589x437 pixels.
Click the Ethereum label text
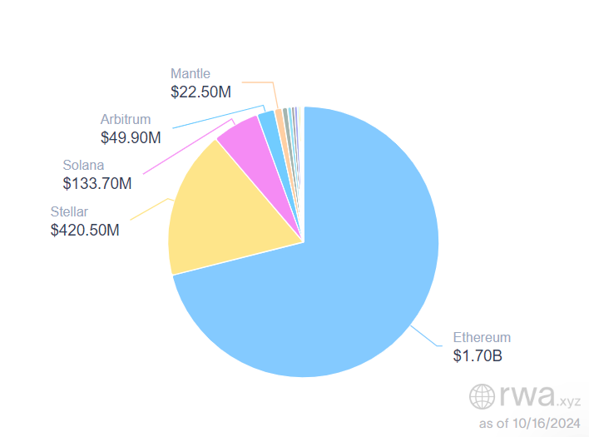coord(482,338)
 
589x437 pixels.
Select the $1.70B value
coord(478,356)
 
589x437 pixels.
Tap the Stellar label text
coord(69,211)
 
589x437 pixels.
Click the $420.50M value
coord(85,230)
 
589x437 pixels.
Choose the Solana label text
coord(83,165)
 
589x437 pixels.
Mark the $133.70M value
coord(97,183)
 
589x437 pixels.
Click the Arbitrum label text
coord(125,119)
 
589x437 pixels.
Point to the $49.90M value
coord(131,137)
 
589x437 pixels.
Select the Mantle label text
coord(191,73)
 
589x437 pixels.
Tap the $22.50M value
coord(200,92)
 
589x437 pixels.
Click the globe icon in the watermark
coord(482,396)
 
